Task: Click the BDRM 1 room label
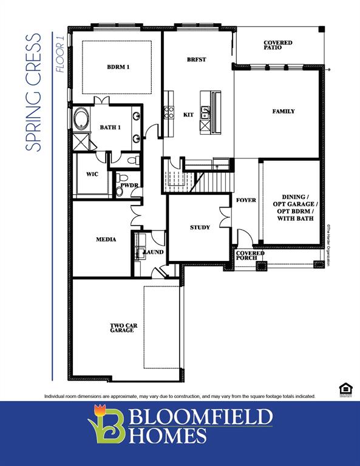(x=118, y=67)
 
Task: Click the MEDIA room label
(x=106, y=239)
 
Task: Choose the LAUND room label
(x=153, y=251)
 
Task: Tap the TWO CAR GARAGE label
(x=123, y=328)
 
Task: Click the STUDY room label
(x=200, y=228)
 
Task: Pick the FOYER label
(x=246, y=200)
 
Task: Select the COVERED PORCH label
(x=250, y=255)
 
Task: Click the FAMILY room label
(x=284, y=111)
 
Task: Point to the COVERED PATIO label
(x=277, y=44)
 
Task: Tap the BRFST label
(x=197, y=59)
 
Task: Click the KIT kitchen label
(x=188, y=114)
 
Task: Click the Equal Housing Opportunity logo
(x=345, y=390)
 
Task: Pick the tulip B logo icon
(x=107, y=425)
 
